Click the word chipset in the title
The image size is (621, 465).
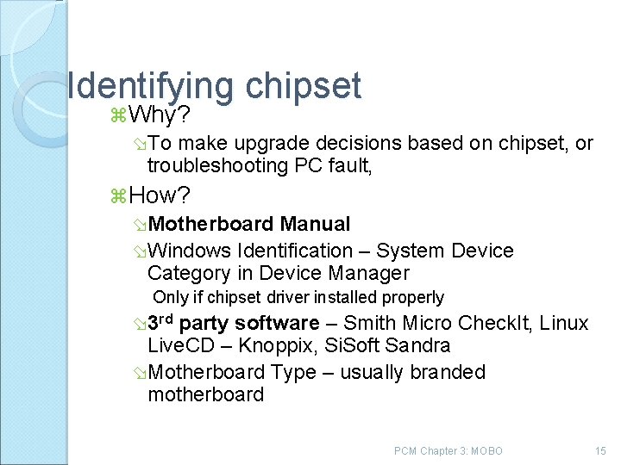(x=303, y=85)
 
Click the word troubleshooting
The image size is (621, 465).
(x=216, y=165)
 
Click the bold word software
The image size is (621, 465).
(x=276, y=323)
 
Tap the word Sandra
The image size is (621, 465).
(x=421, y=346)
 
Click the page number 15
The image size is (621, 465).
(x=601, y=450)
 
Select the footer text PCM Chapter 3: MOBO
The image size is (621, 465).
(x=448, y=450)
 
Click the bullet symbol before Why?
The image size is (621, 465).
(x=118, y=116)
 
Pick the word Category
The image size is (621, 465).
(x=192, y=274)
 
